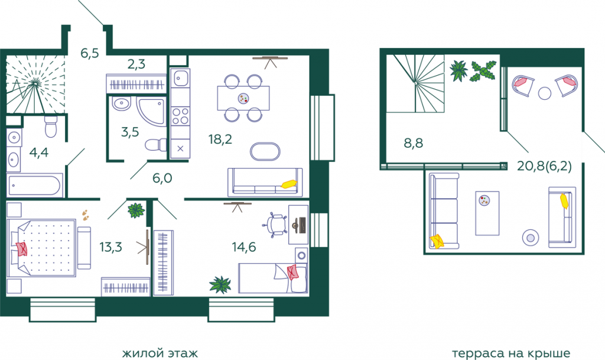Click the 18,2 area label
tap(220, 139)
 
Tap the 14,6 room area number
tap(244, 247)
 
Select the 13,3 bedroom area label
tap(110, 247)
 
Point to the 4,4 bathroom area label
tap(38, 153)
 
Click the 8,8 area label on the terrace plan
tap(413, 143)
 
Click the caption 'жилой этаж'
tap(160, 353)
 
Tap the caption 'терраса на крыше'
tap(511, 353)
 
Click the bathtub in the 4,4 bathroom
tap(35, 185)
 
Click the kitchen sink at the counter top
tap(180, 79)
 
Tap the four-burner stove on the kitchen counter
tap(180, 116)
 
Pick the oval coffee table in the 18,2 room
tap(265, 151)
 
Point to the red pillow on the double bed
tap(21, 249)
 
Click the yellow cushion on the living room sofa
tap(289, 184)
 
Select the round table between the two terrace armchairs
tap(544, 93)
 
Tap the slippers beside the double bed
tap(85, 215)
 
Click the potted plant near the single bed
tap(220, 285)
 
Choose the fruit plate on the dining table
tap(243, 98)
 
